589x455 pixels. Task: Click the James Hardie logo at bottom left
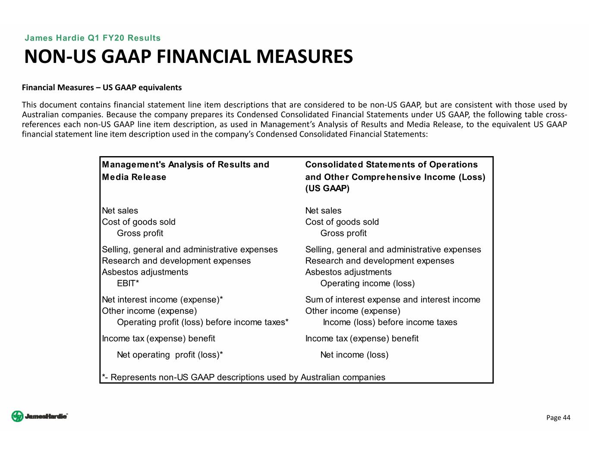pos(39,416)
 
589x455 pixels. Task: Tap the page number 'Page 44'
pos(558,417)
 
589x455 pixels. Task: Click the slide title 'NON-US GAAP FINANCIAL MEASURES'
pos(189,57)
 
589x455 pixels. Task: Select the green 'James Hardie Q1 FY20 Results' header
pos(92,38)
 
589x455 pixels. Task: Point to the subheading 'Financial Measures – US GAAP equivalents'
pos(102,88)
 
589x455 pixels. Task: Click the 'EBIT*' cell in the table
pos(128,283)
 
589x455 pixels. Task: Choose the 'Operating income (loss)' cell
pos(367,283)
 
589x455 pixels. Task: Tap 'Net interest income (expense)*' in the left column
pos(162,300)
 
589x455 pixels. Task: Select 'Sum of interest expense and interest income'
pos(393,300)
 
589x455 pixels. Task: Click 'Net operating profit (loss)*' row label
pos(170,355)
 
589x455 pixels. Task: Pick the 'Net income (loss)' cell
pos(354,355)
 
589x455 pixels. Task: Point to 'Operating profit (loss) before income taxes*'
pos(202,322)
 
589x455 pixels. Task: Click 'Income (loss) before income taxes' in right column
pos(390,322)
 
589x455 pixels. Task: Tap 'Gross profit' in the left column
pos(140,233)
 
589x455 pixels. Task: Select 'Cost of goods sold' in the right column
pos(342,222)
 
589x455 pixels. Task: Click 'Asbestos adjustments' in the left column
pos(145,272)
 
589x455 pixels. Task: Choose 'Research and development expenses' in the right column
pos(379,261)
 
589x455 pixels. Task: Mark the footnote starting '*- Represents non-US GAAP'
pos(243,377)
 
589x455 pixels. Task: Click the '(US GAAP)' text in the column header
pos(327,188)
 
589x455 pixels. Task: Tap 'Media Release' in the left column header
pos(134,177)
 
